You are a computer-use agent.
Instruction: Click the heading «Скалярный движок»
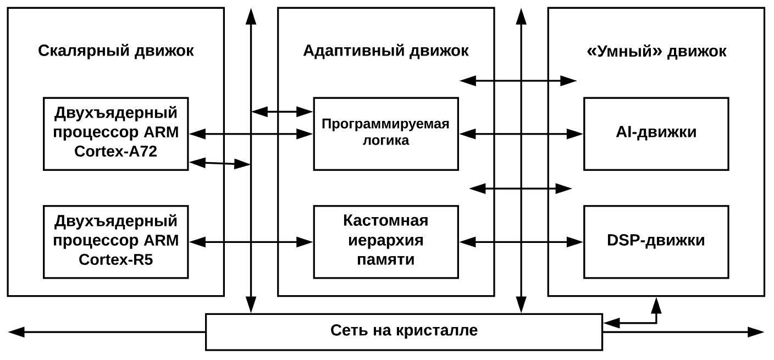(116, 51)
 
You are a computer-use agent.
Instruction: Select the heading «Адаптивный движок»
(386, 51)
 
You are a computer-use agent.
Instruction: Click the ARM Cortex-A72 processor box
(116, 133)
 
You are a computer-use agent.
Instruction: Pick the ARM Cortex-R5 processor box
(116, 241)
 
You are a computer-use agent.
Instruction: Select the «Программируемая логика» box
(386, 133)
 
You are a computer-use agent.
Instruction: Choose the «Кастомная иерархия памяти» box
(386, 241)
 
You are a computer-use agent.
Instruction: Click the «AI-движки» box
(656, 133)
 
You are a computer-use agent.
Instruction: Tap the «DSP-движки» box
(656, 241)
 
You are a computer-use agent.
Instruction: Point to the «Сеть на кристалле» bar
(404, 331)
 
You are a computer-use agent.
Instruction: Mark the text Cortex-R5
(116, 260)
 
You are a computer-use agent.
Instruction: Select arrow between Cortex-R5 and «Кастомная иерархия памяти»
(251, 241)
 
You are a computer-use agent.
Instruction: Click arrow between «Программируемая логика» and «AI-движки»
(521, 133)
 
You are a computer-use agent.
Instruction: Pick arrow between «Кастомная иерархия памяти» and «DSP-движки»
(521, 241)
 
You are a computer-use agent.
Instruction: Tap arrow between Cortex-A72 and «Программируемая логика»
(251, 133)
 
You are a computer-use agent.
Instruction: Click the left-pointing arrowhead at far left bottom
(16, 331)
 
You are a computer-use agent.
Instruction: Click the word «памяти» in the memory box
(386, 260)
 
